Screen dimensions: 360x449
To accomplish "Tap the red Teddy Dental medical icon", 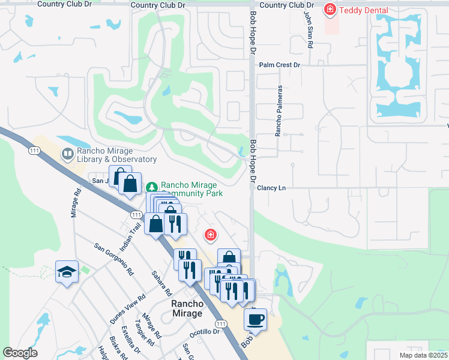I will coord(330,10).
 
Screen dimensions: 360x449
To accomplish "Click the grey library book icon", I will coord(66,155).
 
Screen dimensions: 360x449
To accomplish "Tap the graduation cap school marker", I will coord(67,272).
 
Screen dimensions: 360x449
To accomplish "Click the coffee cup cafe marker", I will coord(256,319).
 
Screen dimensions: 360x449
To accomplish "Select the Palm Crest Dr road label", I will coord(279,65).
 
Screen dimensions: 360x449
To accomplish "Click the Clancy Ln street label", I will coord(271,188).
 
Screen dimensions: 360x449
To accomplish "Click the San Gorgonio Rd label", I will coord(113,259).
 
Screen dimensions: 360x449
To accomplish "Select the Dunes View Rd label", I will coord(128,309).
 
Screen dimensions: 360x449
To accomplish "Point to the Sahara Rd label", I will coord(162,283).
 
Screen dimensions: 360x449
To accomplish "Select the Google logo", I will coord(20,353).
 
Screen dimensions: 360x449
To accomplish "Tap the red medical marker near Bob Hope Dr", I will coord(210,235).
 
